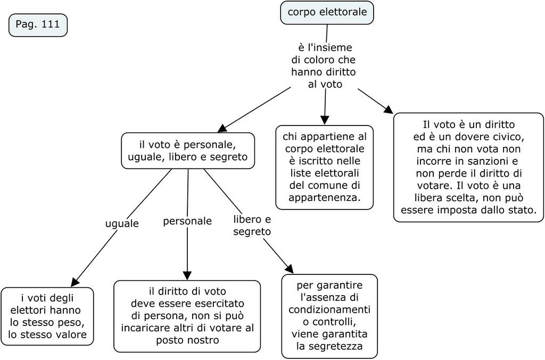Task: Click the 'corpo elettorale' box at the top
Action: (x=327, y=12)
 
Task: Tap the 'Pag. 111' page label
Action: (x=38, y=24)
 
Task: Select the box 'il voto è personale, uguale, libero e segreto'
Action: (x=187, y=150)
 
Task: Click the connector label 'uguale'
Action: (x=121, y=224)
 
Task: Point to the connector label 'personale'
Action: (x=187, y=221)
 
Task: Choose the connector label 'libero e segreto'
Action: (x=252, y=225)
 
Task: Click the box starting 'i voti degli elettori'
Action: (x=47, y=316)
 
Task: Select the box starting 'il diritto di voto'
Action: (x=187, y=316)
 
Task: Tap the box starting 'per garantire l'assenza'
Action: (x=329, y=315)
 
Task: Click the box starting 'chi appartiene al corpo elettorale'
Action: (x=324, y=167)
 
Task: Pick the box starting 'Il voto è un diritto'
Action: (x=468, y=167)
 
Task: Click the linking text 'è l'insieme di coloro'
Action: (x=324, y=66)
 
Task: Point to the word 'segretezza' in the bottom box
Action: (x=329, y=346)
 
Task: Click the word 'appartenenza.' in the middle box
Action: (x=324, y=198)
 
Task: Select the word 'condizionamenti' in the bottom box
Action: (x=329, y=309)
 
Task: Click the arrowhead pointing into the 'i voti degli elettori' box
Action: (x=76, y=282)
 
